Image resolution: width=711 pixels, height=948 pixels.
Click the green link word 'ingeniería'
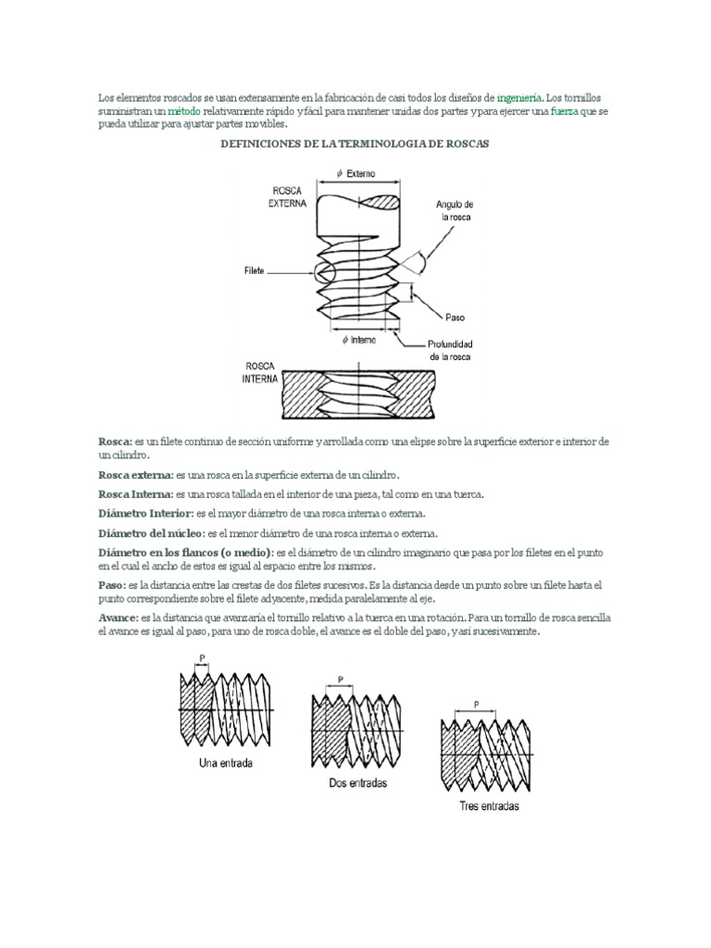(x=519, y=97)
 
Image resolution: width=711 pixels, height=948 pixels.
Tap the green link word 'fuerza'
(x=565, y=111)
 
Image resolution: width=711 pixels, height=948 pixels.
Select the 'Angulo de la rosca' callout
(x=455, y=210)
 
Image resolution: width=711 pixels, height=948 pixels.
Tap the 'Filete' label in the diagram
(x=255, y=271)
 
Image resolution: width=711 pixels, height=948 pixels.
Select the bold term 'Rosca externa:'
(x=135, y=474)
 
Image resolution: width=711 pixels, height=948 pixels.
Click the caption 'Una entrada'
(x=227, y=764)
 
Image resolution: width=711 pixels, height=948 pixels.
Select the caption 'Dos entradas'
(x=358, y=782)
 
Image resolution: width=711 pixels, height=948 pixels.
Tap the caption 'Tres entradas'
(x=489, y=806)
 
